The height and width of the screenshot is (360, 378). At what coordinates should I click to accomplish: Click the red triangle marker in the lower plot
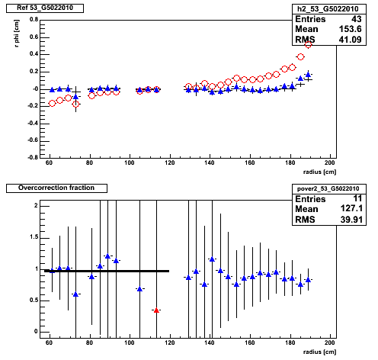pyautogui.click(x=156, y=310)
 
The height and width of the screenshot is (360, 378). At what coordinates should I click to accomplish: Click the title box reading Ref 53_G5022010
pyautogui.click(x=45, y=8)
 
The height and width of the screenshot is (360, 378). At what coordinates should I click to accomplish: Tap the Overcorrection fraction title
pyautogui.click(x=56, y=188)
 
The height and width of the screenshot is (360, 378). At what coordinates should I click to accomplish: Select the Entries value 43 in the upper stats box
pyautogui.click(x=356, y=19)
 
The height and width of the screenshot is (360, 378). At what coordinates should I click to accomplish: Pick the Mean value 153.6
pyautogui.click(x=350, y=29)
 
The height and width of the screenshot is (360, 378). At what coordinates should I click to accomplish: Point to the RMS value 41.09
pyautogui.click(x=350, y=40)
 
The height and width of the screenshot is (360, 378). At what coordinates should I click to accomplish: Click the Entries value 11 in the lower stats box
pyautogui.click(x=357, y=198)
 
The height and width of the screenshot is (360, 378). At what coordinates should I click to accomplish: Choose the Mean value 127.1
pyautogui.click(x=351, y=208)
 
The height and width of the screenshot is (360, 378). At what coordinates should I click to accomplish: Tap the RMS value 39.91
pyautogui.click(x=351, y=219)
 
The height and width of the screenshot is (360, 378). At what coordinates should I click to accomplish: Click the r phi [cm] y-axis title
pyautogui.click(x=17, y=34)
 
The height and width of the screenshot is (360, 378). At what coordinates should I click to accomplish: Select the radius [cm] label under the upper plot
pyautogui.click(x=319, y=172)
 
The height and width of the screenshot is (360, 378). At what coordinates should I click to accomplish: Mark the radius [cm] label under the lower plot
pyautogui.click(x=319, y=352)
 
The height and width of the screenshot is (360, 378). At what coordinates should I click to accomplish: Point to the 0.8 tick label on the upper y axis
pyautogui.click(x=34, y=20)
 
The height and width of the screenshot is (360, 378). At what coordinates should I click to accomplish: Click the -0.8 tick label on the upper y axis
pyautogui.click(x=33, y=157)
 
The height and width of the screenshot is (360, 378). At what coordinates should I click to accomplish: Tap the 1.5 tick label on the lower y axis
pyautogui.click(x=34, y=237)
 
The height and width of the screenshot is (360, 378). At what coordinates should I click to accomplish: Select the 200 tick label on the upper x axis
pyautogui.click(x=329, y=163)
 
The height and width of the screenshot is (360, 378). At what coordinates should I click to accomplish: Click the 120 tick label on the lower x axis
pyautogui.click(x=169, y=343)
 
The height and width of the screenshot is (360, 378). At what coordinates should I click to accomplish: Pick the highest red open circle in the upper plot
pyautogui.click(x=308, y=45)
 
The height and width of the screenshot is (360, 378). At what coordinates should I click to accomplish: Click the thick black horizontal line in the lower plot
pyautogui.click(x=107, y=271)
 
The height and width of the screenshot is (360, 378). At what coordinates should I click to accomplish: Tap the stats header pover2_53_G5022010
pyautogui.click(x=329, y=189)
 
